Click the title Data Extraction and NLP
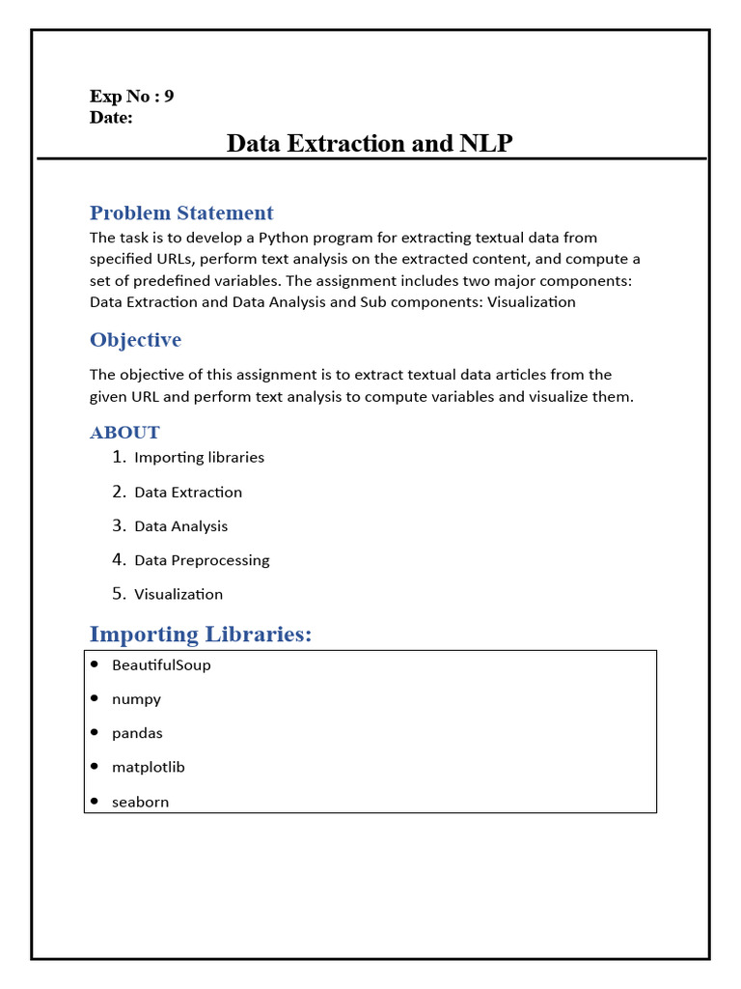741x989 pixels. (x=370, y=144)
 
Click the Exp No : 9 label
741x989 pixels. (x=131, y=97)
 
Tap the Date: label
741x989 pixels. (x=111, y=118)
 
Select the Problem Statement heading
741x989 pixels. (x=181, y=212)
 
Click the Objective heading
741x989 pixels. (x=135, y=340)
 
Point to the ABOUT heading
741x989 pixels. (x=124, y=432)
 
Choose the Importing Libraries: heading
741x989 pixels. (x=201, y=635)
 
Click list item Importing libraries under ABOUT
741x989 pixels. (x=199, y=458)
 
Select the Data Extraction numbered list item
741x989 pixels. (x=188, y=493)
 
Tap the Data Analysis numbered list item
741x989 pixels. (x=180, y=526)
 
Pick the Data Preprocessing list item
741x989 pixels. (x=202, y=560)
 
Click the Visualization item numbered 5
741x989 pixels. (x=178, y=594)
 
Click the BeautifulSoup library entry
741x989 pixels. (x=161, y=665)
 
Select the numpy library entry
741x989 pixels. (x=136, y=699)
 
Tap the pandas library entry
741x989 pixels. (x=137, y=733)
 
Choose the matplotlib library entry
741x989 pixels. (x=148, y=767)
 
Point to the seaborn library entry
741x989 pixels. (x=140, y=802)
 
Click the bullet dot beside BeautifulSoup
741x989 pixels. (x=95, y=664)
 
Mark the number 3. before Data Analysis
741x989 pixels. (x=119, y=525)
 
